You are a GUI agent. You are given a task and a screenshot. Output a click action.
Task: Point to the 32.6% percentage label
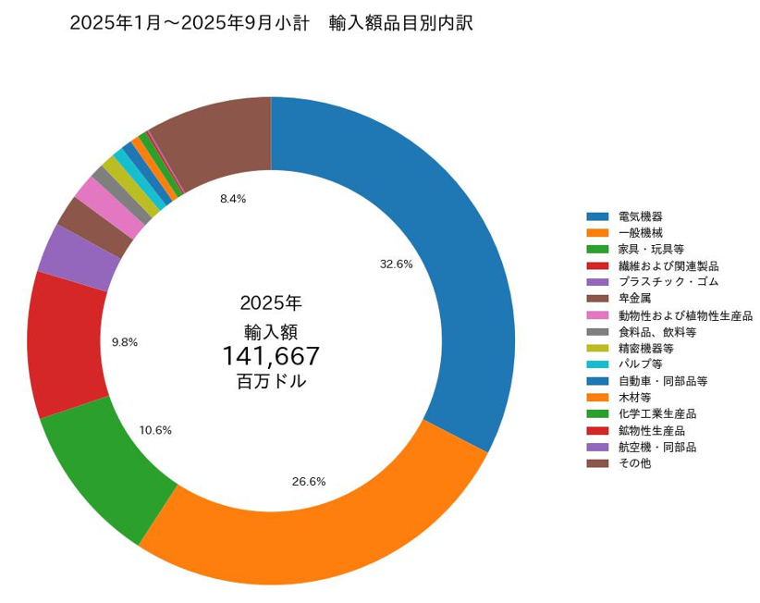click(x=396, y=264)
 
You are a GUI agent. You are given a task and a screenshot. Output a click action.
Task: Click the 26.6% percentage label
click(x=309, y=481)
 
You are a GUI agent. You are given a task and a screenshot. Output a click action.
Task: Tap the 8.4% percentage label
click(x=233, y=199)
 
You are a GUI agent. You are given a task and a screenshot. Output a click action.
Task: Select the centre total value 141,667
click(x=271, y=356)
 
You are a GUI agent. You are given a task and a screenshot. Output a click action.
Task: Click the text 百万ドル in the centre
click(x=271, y=381)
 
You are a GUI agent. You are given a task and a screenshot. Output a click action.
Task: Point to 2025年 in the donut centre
click(x=271, y=302)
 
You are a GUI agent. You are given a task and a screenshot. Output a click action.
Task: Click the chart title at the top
click(x=271, y=23)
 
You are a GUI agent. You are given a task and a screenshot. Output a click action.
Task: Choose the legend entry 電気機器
click(x=640, y=215)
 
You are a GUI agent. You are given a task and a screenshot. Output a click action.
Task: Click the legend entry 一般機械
click(x=640, y=232)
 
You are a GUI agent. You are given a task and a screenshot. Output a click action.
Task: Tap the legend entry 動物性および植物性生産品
click(x=685, y=315)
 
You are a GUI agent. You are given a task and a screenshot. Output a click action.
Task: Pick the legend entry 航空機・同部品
click(x=656, y=447)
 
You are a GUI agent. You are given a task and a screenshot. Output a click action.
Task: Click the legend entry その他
click(x=634, y=463)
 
